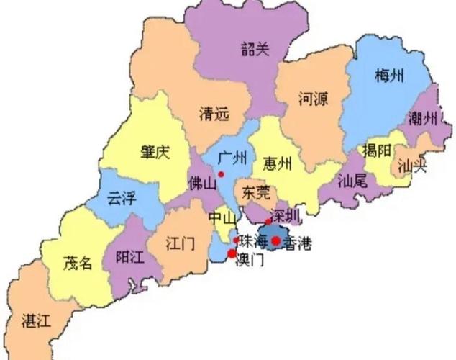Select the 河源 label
pyautogui.click(x=313, y=99)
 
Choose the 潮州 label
pyautogui.click(x=423, y=117)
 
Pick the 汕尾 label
pyautogui.click(x=352, y=181)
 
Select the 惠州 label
pyautogui.click(x=277, y=163)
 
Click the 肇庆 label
pyautogui.click(x=155, y=152)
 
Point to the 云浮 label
pyautogui.click(x=121, y=199)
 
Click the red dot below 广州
pyautogui.click(x=222, y=174)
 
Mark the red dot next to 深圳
pyautogui.click(x=268, y=221)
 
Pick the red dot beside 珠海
pyautogui.click(x=236, y=240)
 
